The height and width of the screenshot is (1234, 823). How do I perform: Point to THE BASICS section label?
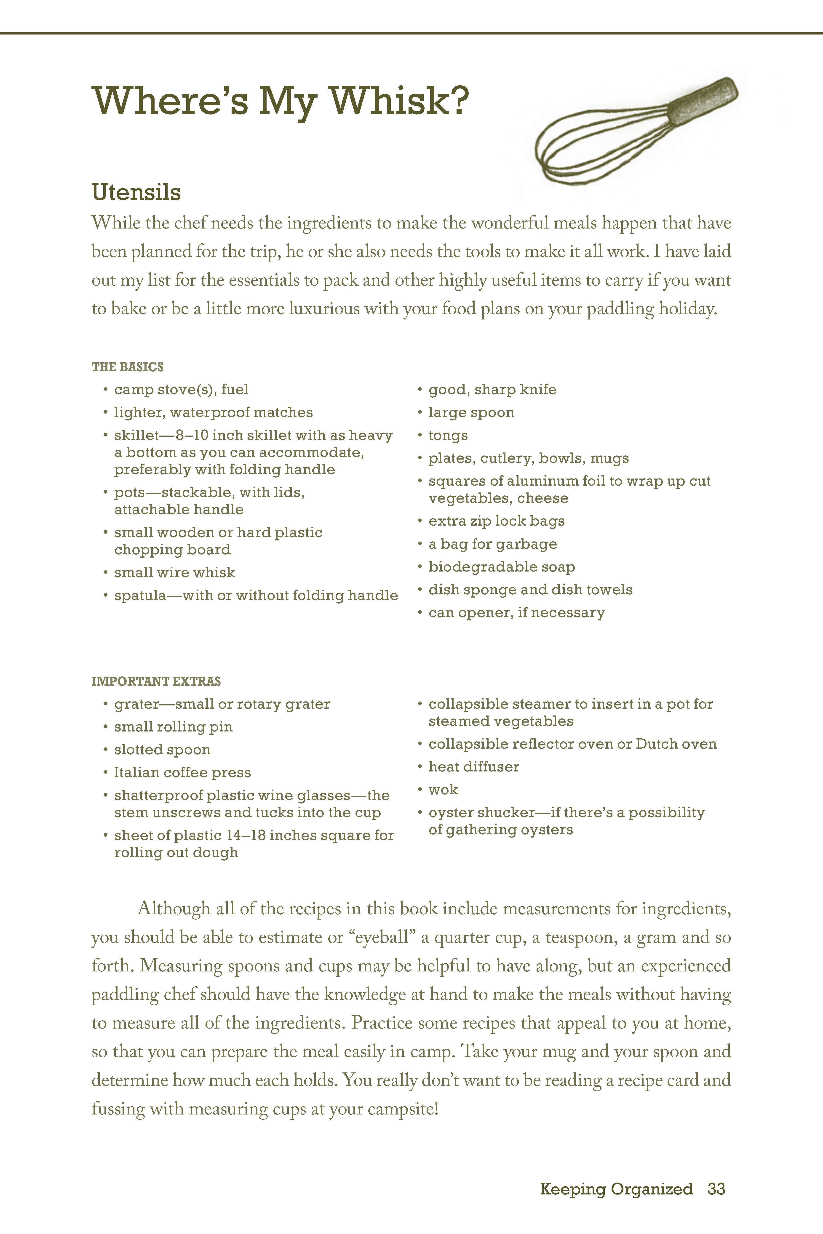[x=128, y=367]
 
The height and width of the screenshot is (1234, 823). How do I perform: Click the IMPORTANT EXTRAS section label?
[x=156, y=681]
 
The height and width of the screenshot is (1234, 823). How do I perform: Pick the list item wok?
[x=443, y=790]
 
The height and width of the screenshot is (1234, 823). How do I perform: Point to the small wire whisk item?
[x=174, y=572]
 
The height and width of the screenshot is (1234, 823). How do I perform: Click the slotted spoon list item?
[x=162, y=750]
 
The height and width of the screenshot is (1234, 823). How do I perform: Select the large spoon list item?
[x=471, y=412]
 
